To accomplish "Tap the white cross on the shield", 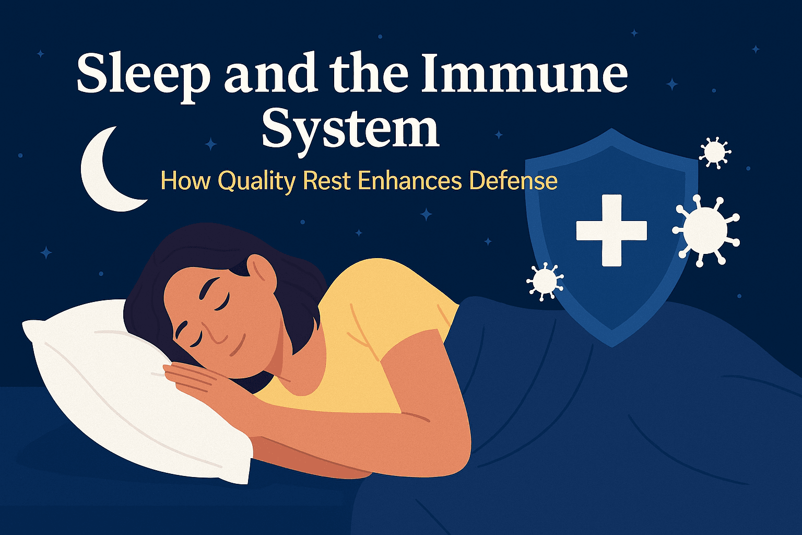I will pos(611,230).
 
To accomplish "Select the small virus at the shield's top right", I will pos(714,152).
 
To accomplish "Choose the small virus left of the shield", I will pos(545,281).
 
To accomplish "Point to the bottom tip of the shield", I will pos(611,345).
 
